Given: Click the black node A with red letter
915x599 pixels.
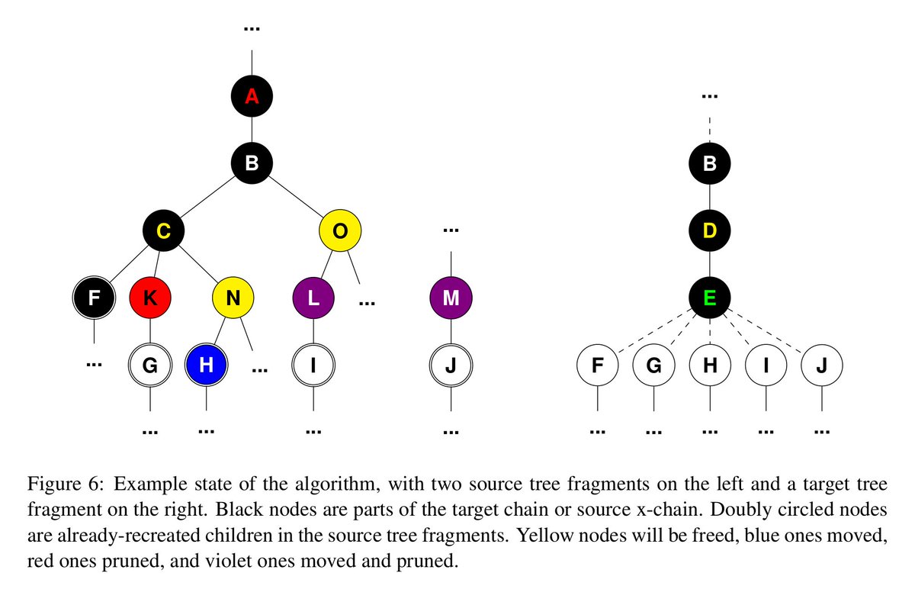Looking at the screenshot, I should click(x=252, y=96).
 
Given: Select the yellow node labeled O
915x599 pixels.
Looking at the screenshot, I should click(x=340, y=230).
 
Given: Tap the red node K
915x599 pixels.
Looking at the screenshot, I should click(x=150, y=298).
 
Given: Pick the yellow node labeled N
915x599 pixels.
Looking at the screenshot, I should click(x=234, y=298).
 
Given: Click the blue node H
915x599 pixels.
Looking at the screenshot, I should click(x=206, y=365).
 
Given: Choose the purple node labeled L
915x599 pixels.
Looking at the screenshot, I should click(x=313, y=298).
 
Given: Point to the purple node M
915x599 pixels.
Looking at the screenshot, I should click(x=451, y=298).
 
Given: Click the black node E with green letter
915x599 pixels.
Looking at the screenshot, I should click(x=710, y=298).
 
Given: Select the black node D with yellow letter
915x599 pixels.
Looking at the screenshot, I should click(x=710, y=230).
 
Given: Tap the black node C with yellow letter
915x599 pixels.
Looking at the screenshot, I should click(x=164, y=230).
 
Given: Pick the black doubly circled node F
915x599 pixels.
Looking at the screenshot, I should click(x=94, y=298).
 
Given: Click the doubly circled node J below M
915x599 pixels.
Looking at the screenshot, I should click(x=451, y=365).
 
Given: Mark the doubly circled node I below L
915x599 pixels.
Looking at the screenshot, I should click(x=313, y=365).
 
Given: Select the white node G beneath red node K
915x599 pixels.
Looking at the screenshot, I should click(x=150, y=365).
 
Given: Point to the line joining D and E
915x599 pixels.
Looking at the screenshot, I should click(x=710, y=264).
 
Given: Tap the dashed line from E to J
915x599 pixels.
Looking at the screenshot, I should click(x=767, y=332).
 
